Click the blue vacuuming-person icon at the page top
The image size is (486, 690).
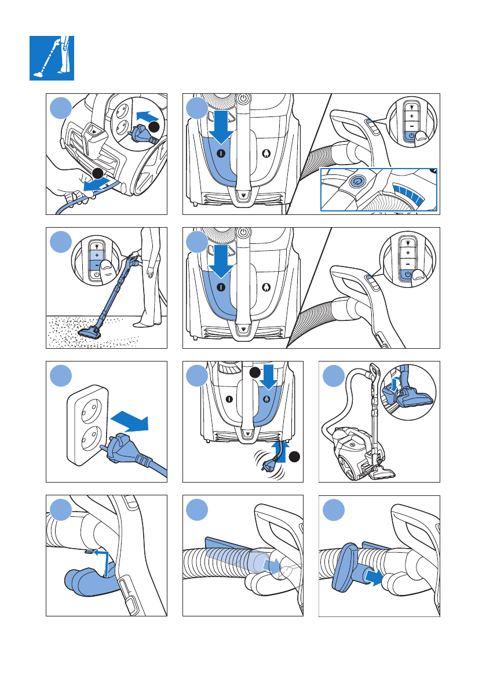pos(52,58)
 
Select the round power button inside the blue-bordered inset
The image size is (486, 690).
pos(357,181)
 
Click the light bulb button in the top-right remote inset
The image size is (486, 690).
pos(411,106)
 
